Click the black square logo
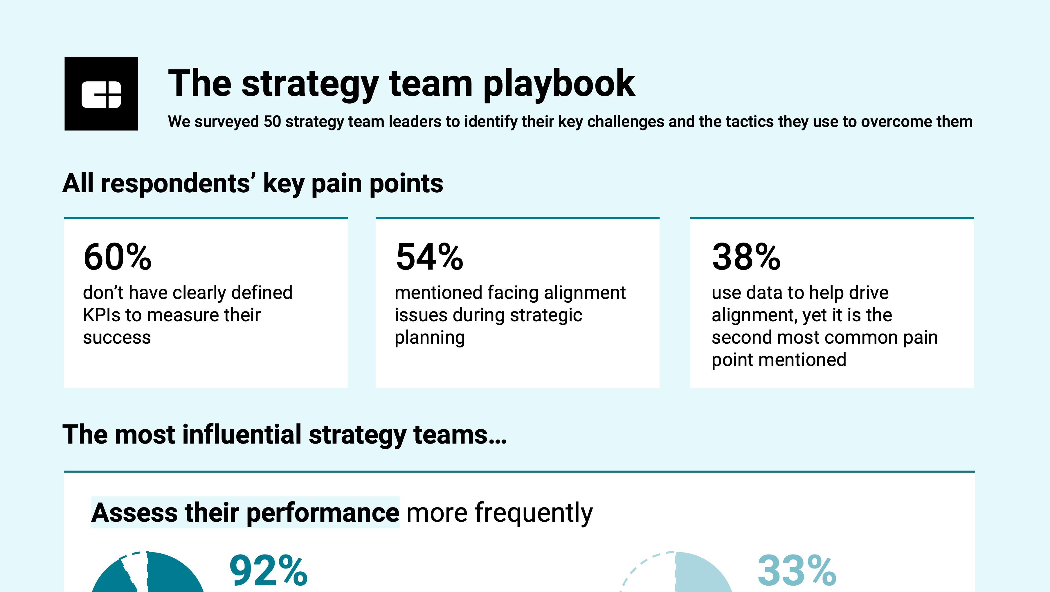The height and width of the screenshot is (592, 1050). (101, 94)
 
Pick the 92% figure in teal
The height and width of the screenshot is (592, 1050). (268, 571)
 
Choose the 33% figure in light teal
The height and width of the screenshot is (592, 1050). (797, 571)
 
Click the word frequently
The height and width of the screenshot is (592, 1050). (499, 513)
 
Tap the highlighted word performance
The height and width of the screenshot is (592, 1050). (323, 513)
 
